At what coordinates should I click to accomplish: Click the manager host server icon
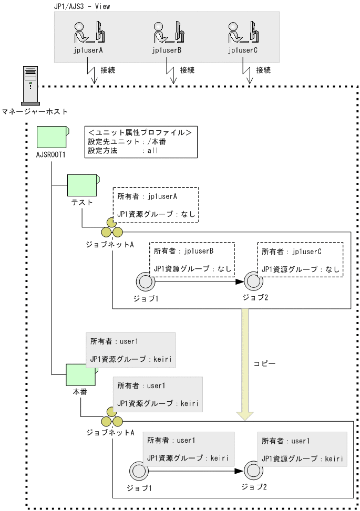(x=30, y=86)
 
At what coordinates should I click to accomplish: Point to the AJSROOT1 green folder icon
(x=52, y=138)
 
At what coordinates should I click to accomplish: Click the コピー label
(x=264, y=363)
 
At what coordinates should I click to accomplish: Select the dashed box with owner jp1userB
(x=191, y=259)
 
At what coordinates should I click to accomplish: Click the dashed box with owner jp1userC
(x=300, y=259)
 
